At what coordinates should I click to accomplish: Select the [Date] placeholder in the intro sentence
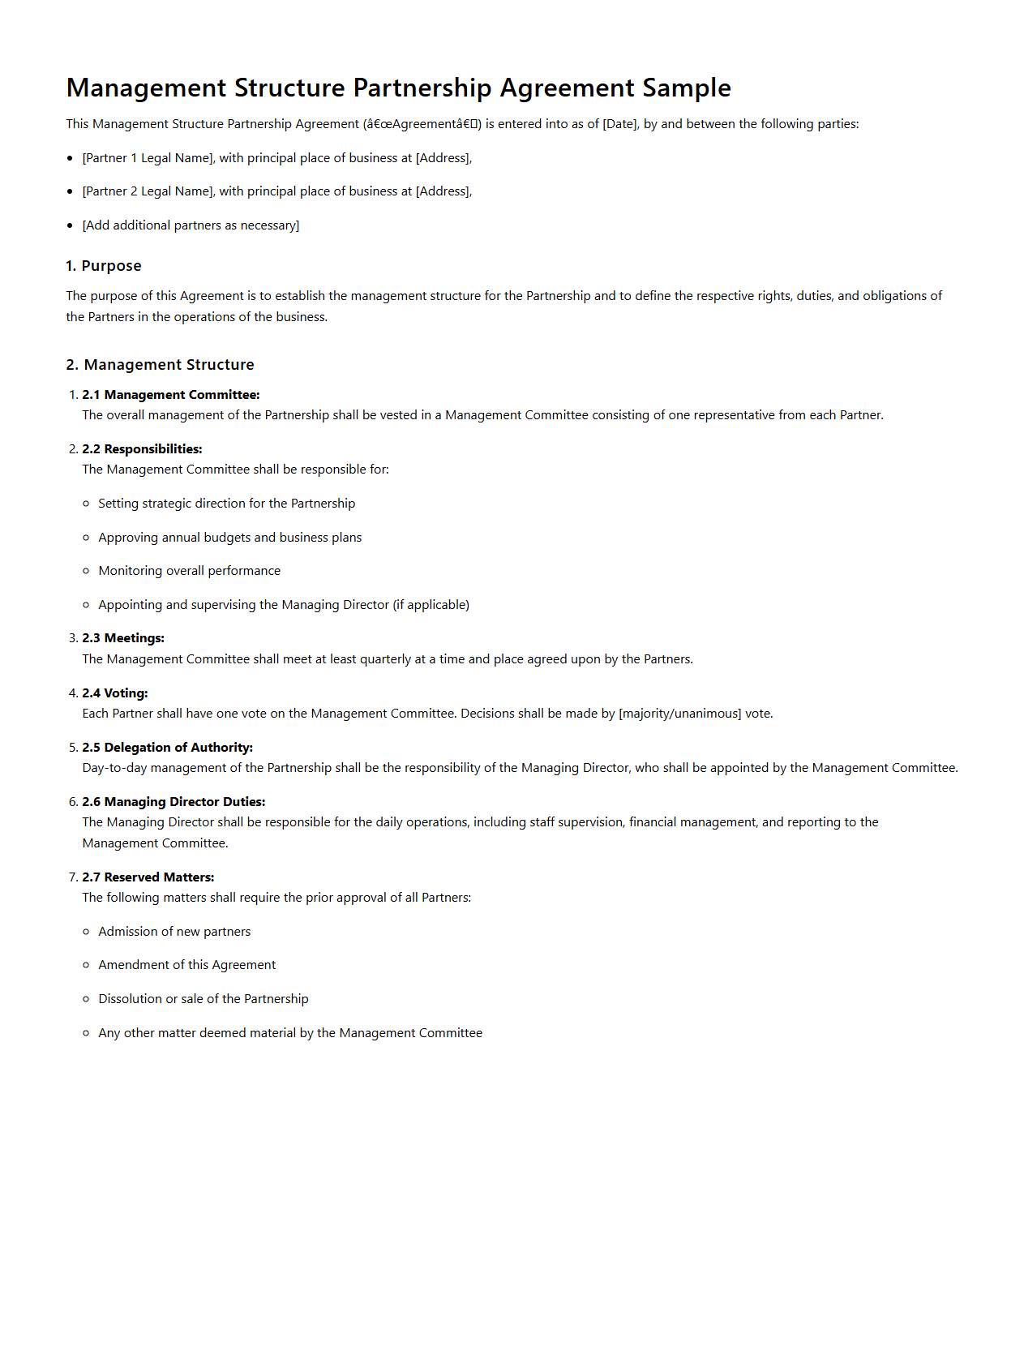click(619, 124)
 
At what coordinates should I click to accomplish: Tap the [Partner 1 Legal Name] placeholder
click(148, 158)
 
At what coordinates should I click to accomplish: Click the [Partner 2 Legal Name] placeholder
click(148, 191)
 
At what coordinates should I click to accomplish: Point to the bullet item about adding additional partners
click(191, 225)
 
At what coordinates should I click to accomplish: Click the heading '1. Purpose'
click(104, 266)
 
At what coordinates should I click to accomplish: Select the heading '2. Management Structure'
click(160, 365)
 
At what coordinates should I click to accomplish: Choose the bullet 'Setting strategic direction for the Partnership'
click(226, 504)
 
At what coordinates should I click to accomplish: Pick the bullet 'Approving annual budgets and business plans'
click(229, 538)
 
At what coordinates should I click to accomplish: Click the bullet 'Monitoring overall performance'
click(189, 571)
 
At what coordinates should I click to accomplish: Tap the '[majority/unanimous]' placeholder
click(679, 714)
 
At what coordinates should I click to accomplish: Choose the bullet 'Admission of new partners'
click(174, 932)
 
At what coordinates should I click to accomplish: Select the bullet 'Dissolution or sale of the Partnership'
click(203, 999)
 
